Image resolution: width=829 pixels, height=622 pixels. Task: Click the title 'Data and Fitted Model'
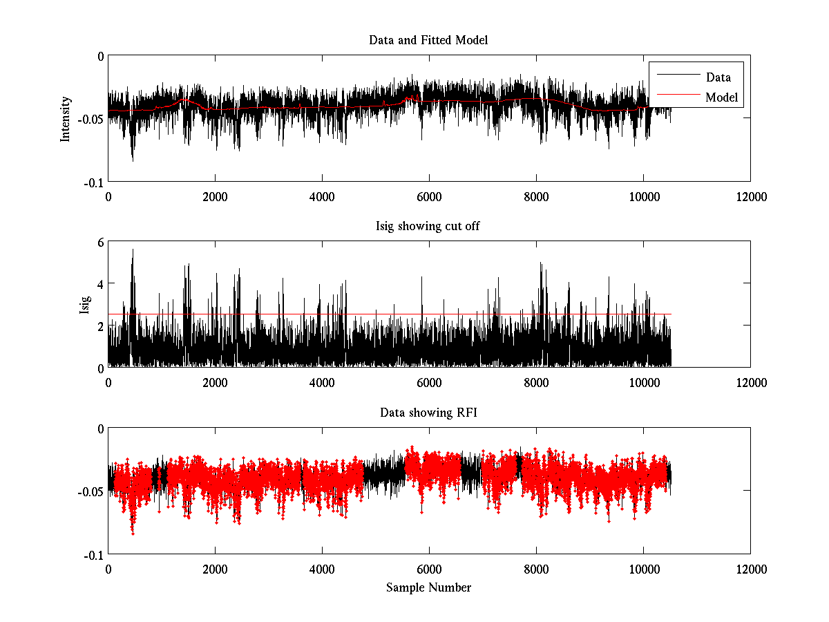[428, 40]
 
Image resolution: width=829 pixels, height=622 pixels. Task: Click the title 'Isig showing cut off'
[428, 226]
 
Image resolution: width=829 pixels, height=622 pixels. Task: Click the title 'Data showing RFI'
[428, 413]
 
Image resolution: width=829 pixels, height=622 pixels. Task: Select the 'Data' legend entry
[718, 77]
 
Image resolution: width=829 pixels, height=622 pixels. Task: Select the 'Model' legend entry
[721, 97]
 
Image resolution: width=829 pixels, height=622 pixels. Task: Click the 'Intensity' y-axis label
[66, 118]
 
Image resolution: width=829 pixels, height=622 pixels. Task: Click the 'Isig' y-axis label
[84, 305]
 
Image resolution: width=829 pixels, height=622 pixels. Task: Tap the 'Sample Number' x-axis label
[428, 587]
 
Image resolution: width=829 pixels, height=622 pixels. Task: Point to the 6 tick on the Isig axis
[100, 243]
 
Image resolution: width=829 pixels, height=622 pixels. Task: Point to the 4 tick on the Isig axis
[100, 284]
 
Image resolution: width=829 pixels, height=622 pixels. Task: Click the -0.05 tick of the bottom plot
[90, 491]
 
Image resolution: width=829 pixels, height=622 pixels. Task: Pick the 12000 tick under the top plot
[750, 196]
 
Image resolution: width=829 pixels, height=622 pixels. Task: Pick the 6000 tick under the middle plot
[429, 382]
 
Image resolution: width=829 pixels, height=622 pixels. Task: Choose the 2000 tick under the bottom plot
[215, 569]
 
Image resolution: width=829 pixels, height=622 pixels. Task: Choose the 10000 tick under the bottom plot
[643, 569]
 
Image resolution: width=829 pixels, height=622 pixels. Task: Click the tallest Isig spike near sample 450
[133, 250]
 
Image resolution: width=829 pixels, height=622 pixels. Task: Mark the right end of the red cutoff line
[671, 314]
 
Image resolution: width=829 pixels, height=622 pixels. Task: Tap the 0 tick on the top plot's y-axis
[100, 56]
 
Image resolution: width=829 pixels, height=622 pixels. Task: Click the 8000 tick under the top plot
[536, 196]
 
